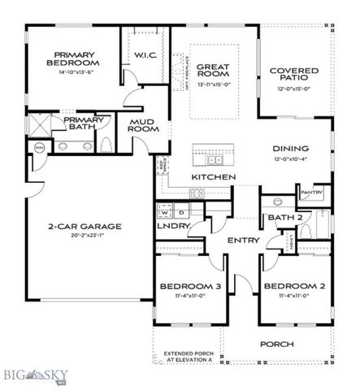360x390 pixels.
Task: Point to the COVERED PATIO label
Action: click(x=293, y=76)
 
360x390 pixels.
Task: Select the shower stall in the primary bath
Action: click(x=39, y=126)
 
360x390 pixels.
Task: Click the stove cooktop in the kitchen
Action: click(x=196, y=193)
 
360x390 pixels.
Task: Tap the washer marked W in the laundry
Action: click(x=164, y=210)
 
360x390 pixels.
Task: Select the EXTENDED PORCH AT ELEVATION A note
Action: click(x=187, y=358)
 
